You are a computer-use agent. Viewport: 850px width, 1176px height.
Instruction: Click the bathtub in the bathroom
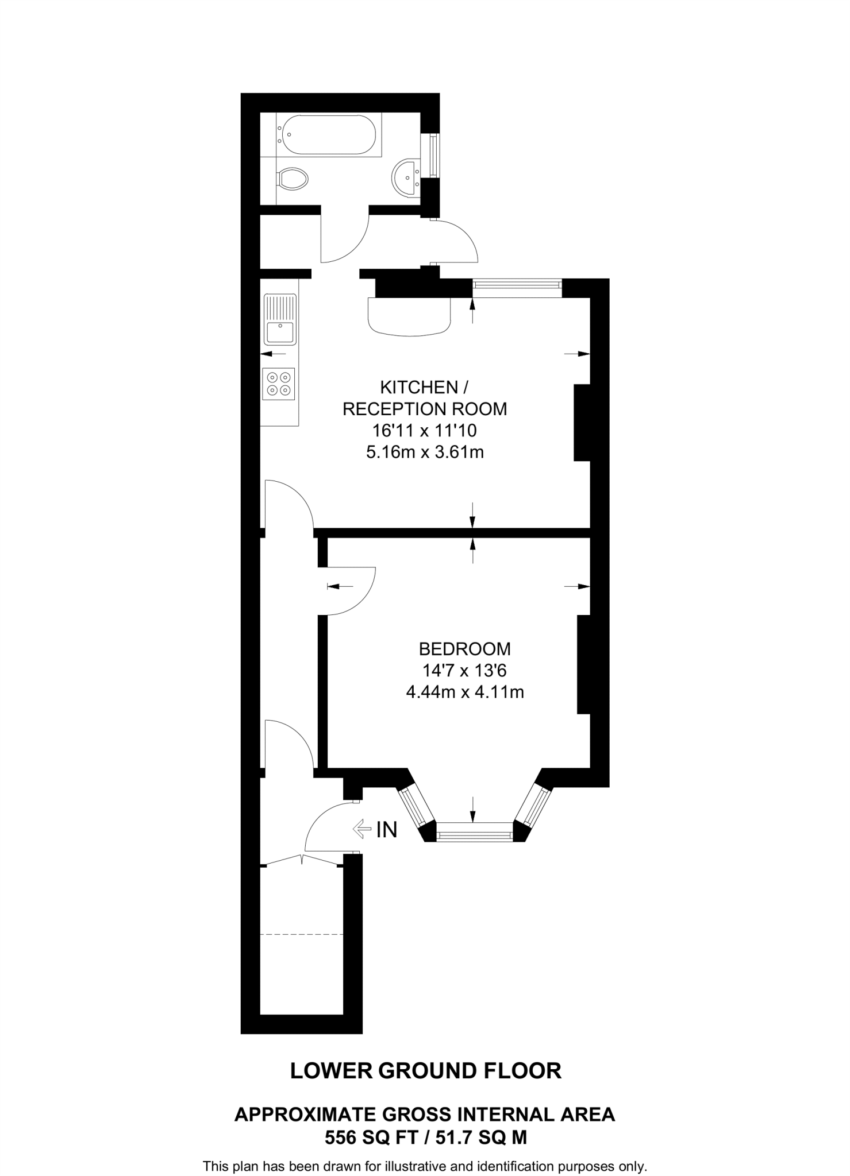(x=325, y=134)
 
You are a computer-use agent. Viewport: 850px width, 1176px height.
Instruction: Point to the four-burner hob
(x=279, y=384)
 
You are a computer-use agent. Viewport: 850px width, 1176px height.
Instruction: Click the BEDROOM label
(x=464, y=649)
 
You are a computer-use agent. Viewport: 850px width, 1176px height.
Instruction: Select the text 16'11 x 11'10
(x=424, y=430)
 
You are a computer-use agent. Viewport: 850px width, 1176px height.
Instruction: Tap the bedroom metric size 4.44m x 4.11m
(x=464, y=692)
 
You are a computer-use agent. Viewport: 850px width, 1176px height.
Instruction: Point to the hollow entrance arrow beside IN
(x=362, y=828)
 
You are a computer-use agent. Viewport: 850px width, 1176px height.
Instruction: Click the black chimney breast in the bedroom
(x=583, y=664)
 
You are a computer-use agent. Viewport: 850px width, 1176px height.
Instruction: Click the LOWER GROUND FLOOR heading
(x=425, y=1071)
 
